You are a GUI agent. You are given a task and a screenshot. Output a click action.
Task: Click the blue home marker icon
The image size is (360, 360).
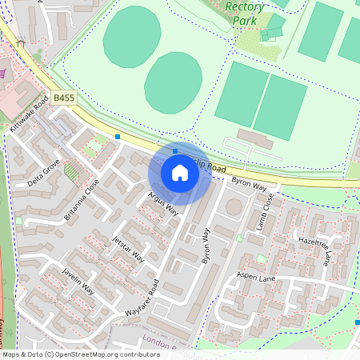[180, 173]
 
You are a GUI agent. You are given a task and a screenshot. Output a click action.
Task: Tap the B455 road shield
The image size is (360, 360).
[66, 98]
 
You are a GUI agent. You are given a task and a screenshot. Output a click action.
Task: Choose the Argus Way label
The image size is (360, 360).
[162, 204]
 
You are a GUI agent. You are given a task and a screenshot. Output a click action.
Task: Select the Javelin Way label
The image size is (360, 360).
[78, 282]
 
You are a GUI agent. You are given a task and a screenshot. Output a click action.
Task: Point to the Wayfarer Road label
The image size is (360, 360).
[142, 298]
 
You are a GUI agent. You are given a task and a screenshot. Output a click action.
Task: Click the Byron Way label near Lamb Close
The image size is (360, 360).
[249, 185]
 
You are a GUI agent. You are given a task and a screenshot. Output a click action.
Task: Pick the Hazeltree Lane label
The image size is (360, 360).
[314, 249]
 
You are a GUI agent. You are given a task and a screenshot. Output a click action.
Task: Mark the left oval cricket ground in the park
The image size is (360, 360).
[131, 37]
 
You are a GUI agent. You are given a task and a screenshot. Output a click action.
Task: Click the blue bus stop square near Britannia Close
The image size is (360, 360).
[118, 137]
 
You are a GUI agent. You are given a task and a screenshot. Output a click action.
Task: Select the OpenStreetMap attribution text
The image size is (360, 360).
[81, 354]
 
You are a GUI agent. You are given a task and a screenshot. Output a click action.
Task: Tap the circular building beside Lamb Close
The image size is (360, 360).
[234, 207]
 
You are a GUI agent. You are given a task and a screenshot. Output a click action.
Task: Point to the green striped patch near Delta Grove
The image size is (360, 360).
[74, 170]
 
